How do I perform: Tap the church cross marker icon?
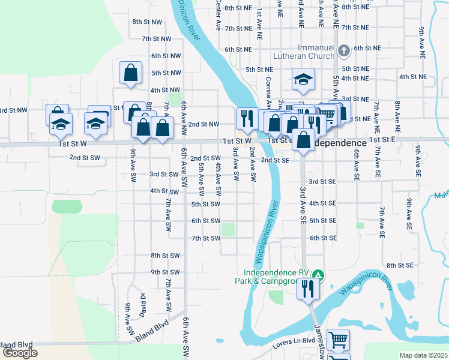click(x=344, y=51)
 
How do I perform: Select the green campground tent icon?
click(x=320, y=275)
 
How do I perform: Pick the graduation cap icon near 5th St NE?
click(x=304, y=79)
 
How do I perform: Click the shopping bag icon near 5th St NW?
click(x=131, y=73)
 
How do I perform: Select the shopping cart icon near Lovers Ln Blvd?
click(x=339, y=340)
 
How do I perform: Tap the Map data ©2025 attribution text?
click(x=424, y=355)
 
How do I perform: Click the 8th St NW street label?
click(x=147, y=22)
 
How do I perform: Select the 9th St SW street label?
click(x=165, y=272)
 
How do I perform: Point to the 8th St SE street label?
click(x=400, y=265)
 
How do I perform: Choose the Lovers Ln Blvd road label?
click(x=292, y=341)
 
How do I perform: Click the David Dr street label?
click(x=143, y=305)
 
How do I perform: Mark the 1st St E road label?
click(x=382, y=139)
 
